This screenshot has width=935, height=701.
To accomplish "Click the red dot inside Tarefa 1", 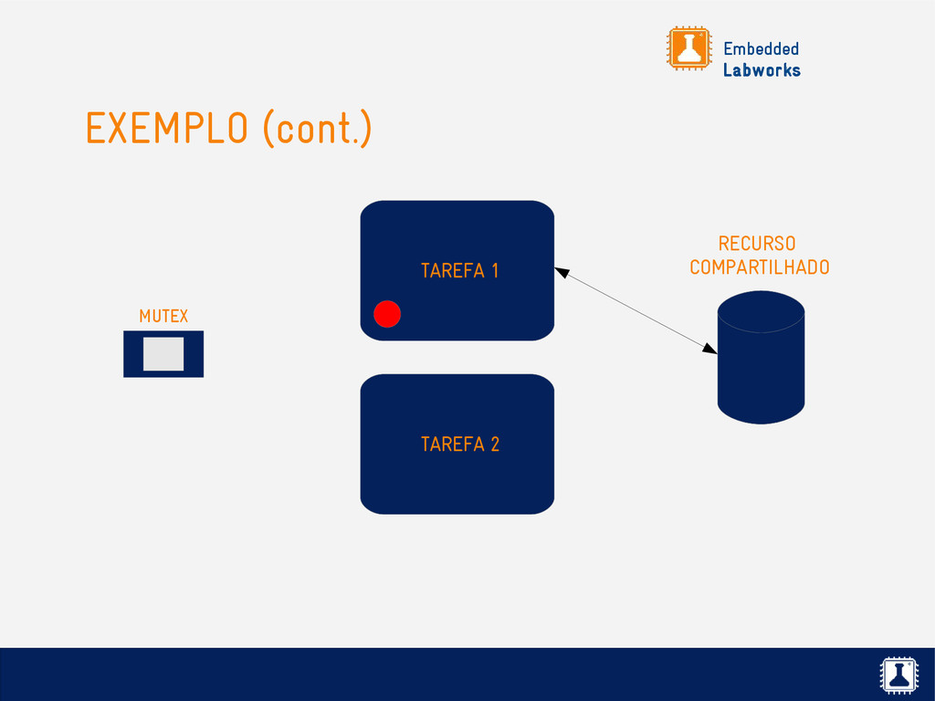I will (x=387, y=313).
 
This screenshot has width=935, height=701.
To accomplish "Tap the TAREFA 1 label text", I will (x=459, y=270).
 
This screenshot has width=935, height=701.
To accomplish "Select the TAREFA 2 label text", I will (x=459, y=445).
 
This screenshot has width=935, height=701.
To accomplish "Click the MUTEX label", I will (x=163, y=316).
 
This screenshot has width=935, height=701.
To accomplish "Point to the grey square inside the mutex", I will (x=163, y=354).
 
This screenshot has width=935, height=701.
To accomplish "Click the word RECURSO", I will (x=757, y=244).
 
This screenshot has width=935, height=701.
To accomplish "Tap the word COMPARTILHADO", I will (x=760, y=267).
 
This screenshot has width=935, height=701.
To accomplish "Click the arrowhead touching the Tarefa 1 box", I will (x=562, y=271).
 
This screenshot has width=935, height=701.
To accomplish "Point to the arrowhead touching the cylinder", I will (x=709, y=348).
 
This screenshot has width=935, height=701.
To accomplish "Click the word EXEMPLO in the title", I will (x=166, y=129).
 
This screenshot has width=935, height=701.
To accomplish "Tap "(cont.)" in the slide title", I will (x=317, y=129).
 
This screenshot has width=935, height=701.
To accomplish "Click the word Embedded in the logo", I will (x=761, y=48).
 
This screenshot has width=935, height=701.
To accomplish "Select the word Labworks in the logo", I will (x=762, y=70).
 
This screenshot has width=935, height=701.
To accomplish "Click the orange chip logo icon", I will (x=688, y=48).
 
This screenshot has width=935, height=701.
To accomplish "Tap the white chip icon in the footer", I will (x=899, y=675).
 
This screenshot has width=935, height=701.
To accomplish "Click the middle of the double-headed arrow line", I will (x=636, y=309).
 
